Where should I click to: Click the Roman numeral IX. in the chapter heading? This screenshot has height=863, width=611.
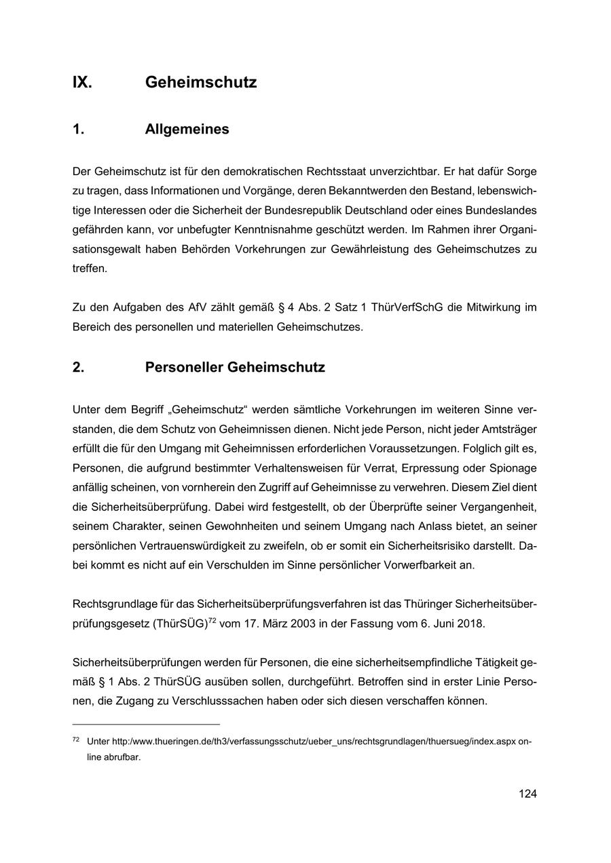point(82,83)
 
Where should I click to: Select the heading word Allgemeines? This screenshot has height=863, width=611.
point(187,130)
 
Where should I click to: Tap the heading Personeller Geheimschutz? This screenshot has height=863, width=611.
point(235,368)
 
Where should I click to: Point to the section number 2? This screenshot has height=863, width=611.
point(78,368)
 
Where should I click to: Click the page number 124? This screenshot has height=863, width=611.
point(527,794)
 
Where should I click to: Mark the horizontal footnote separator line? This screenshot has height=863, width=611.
point(146,724)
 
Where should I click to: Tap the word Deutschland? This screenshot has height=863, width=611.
point(420,210)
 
